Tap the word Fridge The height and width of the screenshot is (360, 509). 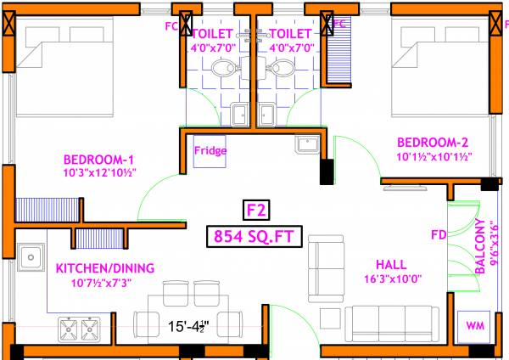point(210,151)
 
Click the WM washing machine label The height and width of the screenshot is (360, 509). point(471,325)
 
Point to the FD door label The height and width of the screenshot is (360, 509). point(438,234)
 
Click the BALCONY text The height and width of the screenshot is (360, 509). point(480,247)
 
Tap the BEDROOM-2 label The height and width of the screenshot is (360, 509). point(433,142)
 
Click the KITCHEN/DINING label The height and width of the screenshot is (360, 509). point(105,268)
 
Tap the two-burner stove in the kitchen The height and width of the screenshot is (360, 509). point(80,327)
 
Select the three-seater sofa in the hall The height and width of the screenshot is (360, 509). point(386,321)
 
